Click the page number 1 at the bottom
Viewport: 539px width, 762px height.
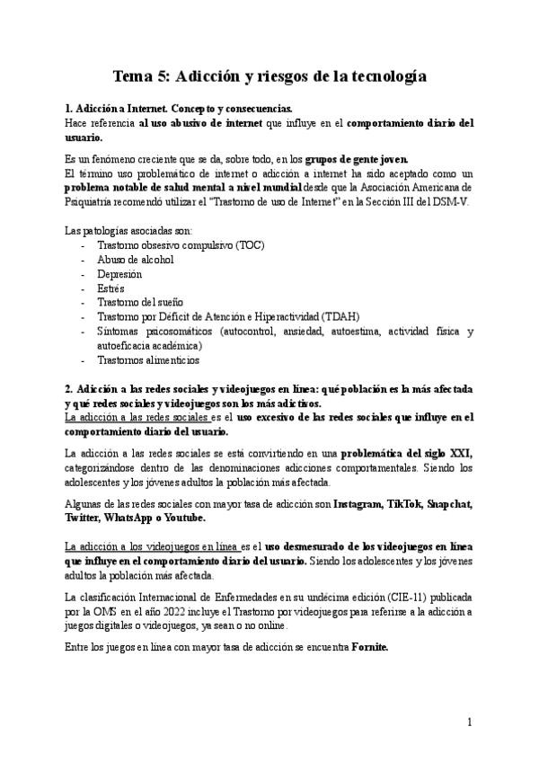pyautogui.click(x=469, y=722)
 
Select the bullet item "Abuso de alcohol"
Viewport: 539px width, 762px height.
pyautogui.click(x=135, y=260)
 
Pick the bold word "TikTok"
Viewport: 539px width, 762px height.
pyautogui.click(x=409, y=504)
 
